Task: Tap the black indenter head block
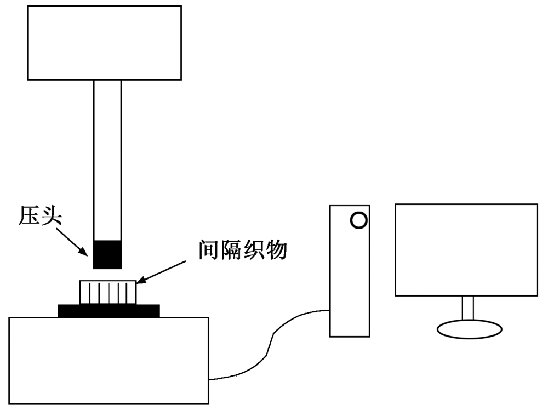[107, 254]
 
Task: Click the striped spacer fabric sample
[107, 292]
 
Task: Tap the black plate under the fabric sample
[109, 311]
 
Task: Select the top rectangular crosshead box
[104, 43]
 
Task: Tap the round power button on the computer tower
[358, 220]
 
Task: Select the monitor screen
[466, 250]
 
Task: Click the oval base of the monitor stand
[469, 329]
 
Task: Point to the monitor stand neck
[467, 307]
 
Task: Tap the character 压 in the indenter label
[29, 216]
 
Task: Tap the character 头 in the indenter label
[52, 216]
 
